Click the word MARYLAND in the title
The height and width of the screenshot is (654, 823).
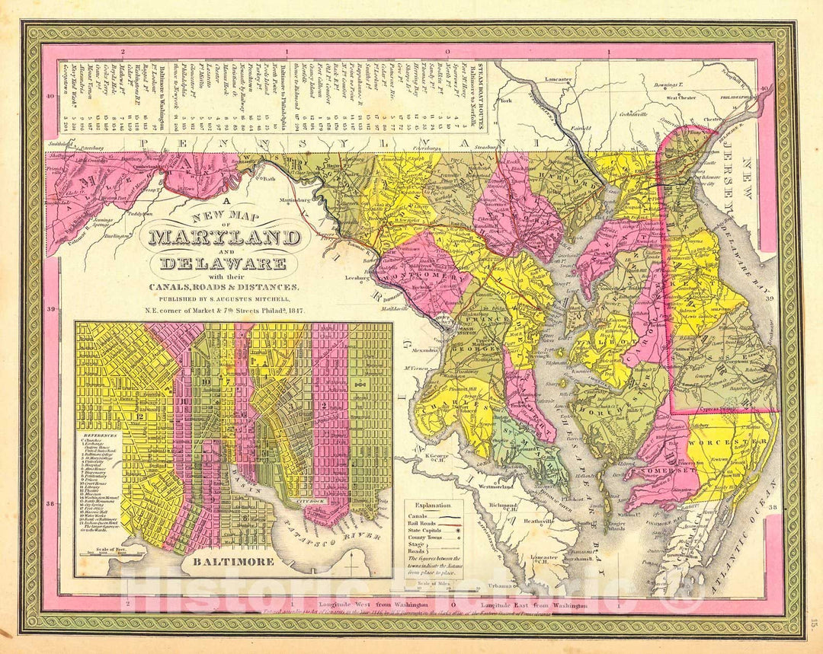pyautogui.click(x=224, y=238)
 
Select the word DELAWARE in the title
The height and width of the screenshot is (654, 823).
pyautogui.click(x=223, y=263)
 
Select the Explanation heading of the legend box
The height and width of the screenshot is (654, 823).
pyautogui.click(x=434, y=505)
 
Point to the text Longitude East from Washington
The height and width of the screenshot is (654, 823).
pyautogui.click(x=534, y=605)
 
